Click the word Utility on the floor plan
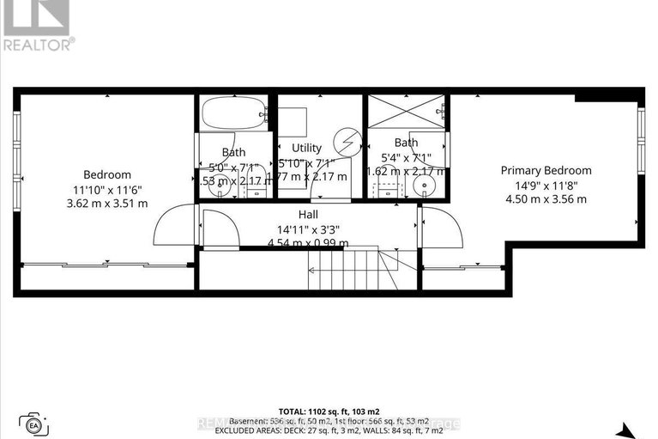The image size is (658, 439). [x=306, y=148]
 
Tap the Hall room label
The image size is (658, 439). [x=309, y=214]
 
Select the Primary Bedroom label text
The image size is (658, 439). [x=546, y=170]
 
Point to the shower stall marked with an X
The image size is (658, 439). [x=407, y=113]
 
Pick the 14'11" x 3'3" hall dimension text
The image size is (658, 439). [x=309, y=229]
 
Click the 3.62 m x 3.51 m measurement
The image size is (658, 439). [x=107, y=204]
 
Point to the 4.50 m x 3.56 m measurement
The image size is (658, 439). [x=546, y=199]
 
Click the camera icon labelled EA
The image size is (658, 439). [x=35, y=424]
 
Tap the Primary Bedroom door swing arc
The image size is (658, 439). [x=442, y=227]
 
